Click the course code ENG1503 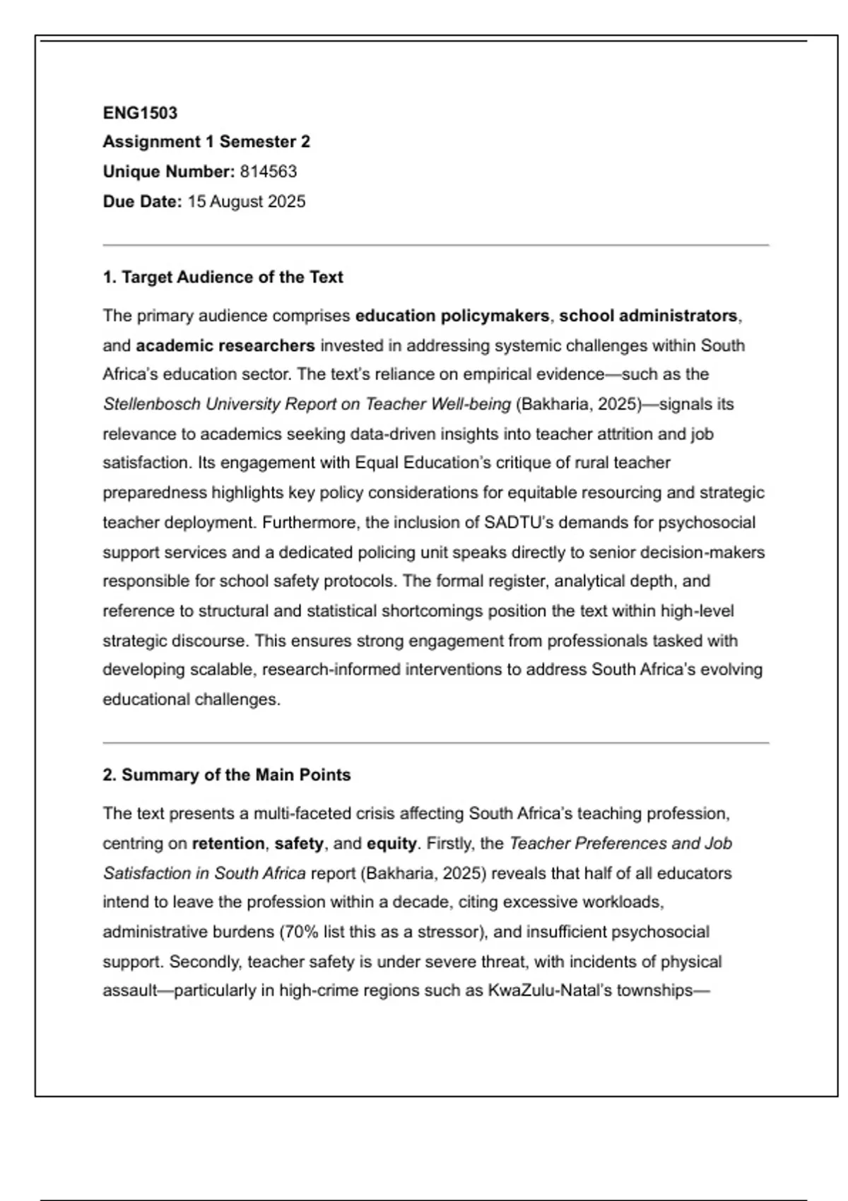click(x=140, y=113)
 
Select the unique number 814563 click(x=269, y=172)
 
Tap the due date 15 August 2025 click(x=247, y=201)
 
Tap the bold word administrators click(x=678, y=316)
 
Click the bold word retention click(x=228, y=844)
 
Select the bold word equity click(x=391, y=844)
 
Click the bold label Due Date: click(x=142, y=201)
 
